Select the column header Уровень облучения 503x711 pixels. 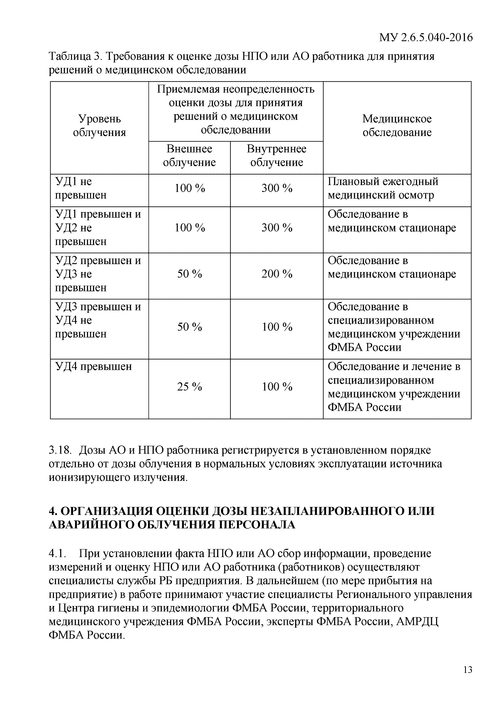tap(99, 125)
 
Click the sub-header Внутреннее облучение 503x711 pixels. tap(276, 155)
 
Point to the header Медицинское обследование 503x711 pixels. tap(397, 125)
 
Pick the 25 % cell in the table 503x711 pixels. tap(189, 387)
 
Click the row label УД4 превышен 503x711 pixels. tap(93, 367)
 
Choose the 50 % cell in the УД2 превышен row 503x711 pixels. tap(189, 274)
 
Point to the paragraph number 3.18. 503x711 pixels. tap(60, 450)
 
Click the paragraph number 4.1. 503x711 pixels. tap(58, 553)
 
